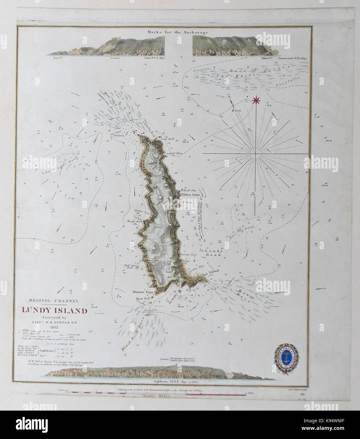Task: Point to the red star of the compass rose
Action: [x=256, y=101]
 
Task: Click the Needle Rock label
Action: [x=133, y=220]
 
